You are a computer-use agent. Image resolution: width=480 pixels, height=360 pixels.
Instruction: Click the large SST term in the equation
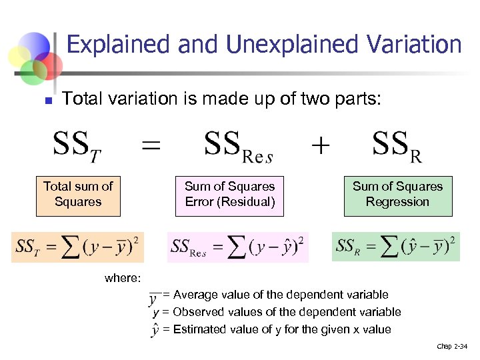77,147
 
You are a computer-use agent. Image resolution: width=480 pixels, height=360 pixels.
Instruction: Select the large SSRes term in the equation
238,147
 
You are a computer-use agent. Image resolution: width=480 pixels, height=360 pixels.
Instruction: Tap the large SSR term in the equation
397,147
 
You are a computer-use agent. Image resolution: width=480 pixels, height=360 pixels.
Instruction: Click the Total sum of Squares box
78,195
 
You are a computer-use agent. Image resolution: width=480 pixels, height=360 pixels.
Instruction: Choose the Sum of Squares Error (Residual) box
229,195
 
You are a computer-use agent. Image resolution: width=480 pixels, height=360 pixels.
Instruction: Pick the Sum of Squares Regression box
397,195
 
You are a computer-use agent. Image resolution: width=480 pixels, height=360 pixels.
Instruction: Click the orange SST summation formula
77,247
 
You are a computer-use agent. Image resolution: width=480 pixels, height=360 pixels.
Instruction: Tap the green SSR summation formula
395,247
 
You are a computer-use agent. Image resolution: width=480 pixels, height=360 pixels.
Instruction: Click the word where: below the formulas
123,279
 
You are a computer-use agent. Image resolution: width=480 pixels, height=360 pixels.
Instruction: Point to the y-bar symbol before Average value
155,297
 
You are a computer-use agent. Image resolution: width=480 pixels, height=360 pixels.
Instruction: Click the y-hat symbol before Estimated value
155,329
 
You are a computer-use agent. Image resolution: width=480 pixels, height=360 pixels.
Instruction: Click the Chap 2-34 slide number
452,346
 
